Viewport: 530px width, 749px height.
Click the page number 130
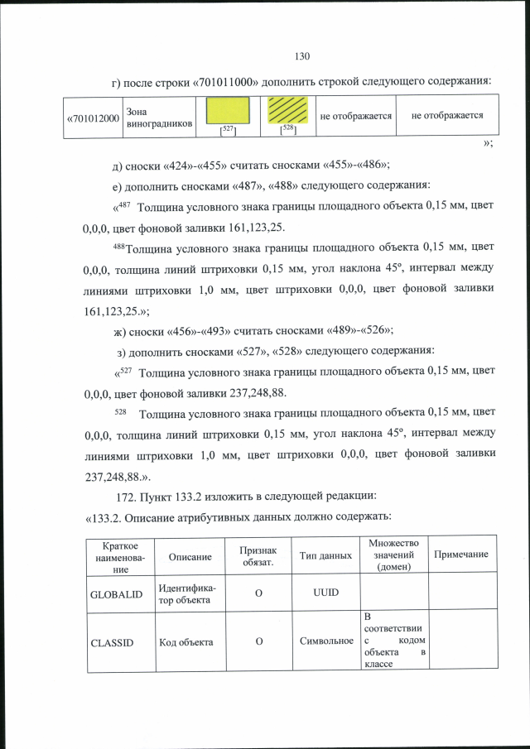301,56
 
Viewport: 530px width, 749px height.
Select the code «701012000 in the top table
93,118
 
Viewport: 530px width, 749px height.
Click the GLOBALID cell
121,594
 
